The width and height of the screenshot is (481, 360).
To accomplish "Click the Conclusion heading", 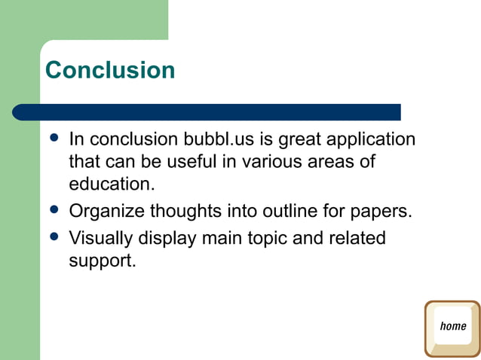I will click(x=110, y=70).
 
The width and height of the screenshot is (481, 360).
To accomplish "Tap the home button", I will click(x=452, y=328).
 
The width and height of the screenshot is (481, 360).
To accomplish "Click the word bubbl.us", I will click(x=215, y=140).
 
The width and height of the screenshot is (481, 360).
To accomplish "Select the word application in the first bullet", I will click(x=370, y=140).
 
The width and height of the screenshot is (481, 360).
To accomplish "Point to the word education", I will click(x=112, y=185).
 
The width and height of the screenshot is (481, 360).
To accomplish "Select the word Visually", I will click(x=100, y=239).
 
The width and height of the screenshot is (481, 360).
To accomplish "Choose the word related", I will click(x=357, y=239).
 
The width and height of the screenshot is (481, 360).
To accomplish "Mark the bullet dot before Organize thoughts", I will click(x=53, y=209).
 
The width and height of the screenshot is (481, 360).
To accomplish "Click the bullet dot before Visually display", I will click(x=53, y=236).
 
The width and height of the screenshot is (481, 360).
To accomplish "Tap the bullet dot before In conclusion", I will click(x=53, y=138).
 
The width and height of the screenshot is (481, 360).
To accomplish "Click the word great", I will click(x=298, y=140).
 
